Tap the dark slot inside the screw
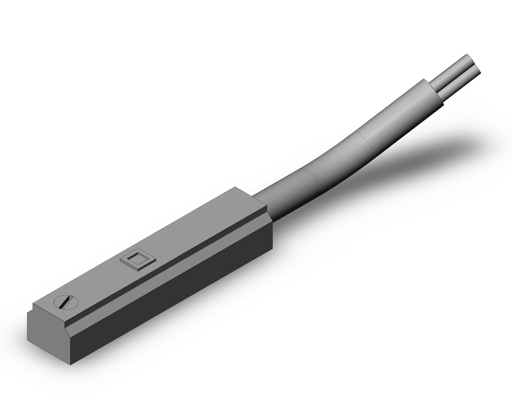pos(64,302)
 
